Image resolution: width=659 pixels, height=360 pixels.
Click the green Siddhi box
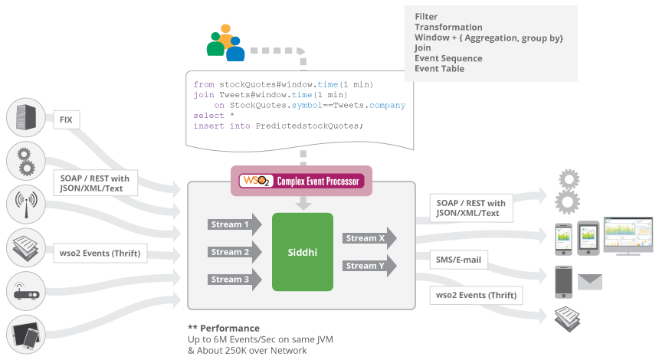coord(303,252)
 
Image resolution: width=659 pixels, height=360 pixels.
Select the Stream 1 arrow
coord(233,225)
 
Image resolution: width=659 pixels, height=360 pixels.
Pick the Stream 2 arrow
coord(233,252)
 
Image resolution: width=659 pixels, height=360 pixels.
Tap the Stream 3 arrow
coord(233,280)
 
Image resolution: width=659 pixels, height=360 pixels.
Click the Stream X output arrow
coord(369,238)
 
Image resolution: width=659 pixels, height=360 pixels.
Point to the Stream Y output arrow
coord(369,266)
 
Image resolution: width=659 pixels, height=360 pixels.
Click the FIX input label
coord(66,119)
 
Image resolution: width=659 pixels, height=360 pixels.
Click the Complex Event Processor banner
coord(301,182)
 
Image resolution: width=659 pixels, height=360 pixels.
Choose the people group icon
coord(225,42)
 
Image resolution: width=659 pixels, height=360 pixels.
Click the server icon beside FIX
coord(22,119)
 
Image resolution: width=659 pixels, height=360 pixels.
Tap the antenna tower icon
coord(22,205)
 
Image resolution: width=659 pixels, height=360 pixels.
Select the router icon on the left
coord(22,292)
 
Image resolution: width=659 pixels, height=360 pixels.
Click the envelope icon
coord(590,281)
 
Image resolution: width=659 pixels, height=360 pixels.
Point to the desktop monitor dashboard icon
coord(627,234)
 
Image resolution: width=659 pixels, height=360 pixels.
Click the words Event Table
coord(439,69)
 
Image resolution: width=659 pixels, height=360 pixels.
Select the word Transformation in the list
coord(448,27)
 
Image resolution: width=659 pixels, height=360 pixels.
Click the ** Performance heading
coord(224,329)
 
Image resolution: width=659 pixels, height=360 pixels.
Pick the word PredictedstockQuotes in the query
coord(309,126)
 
